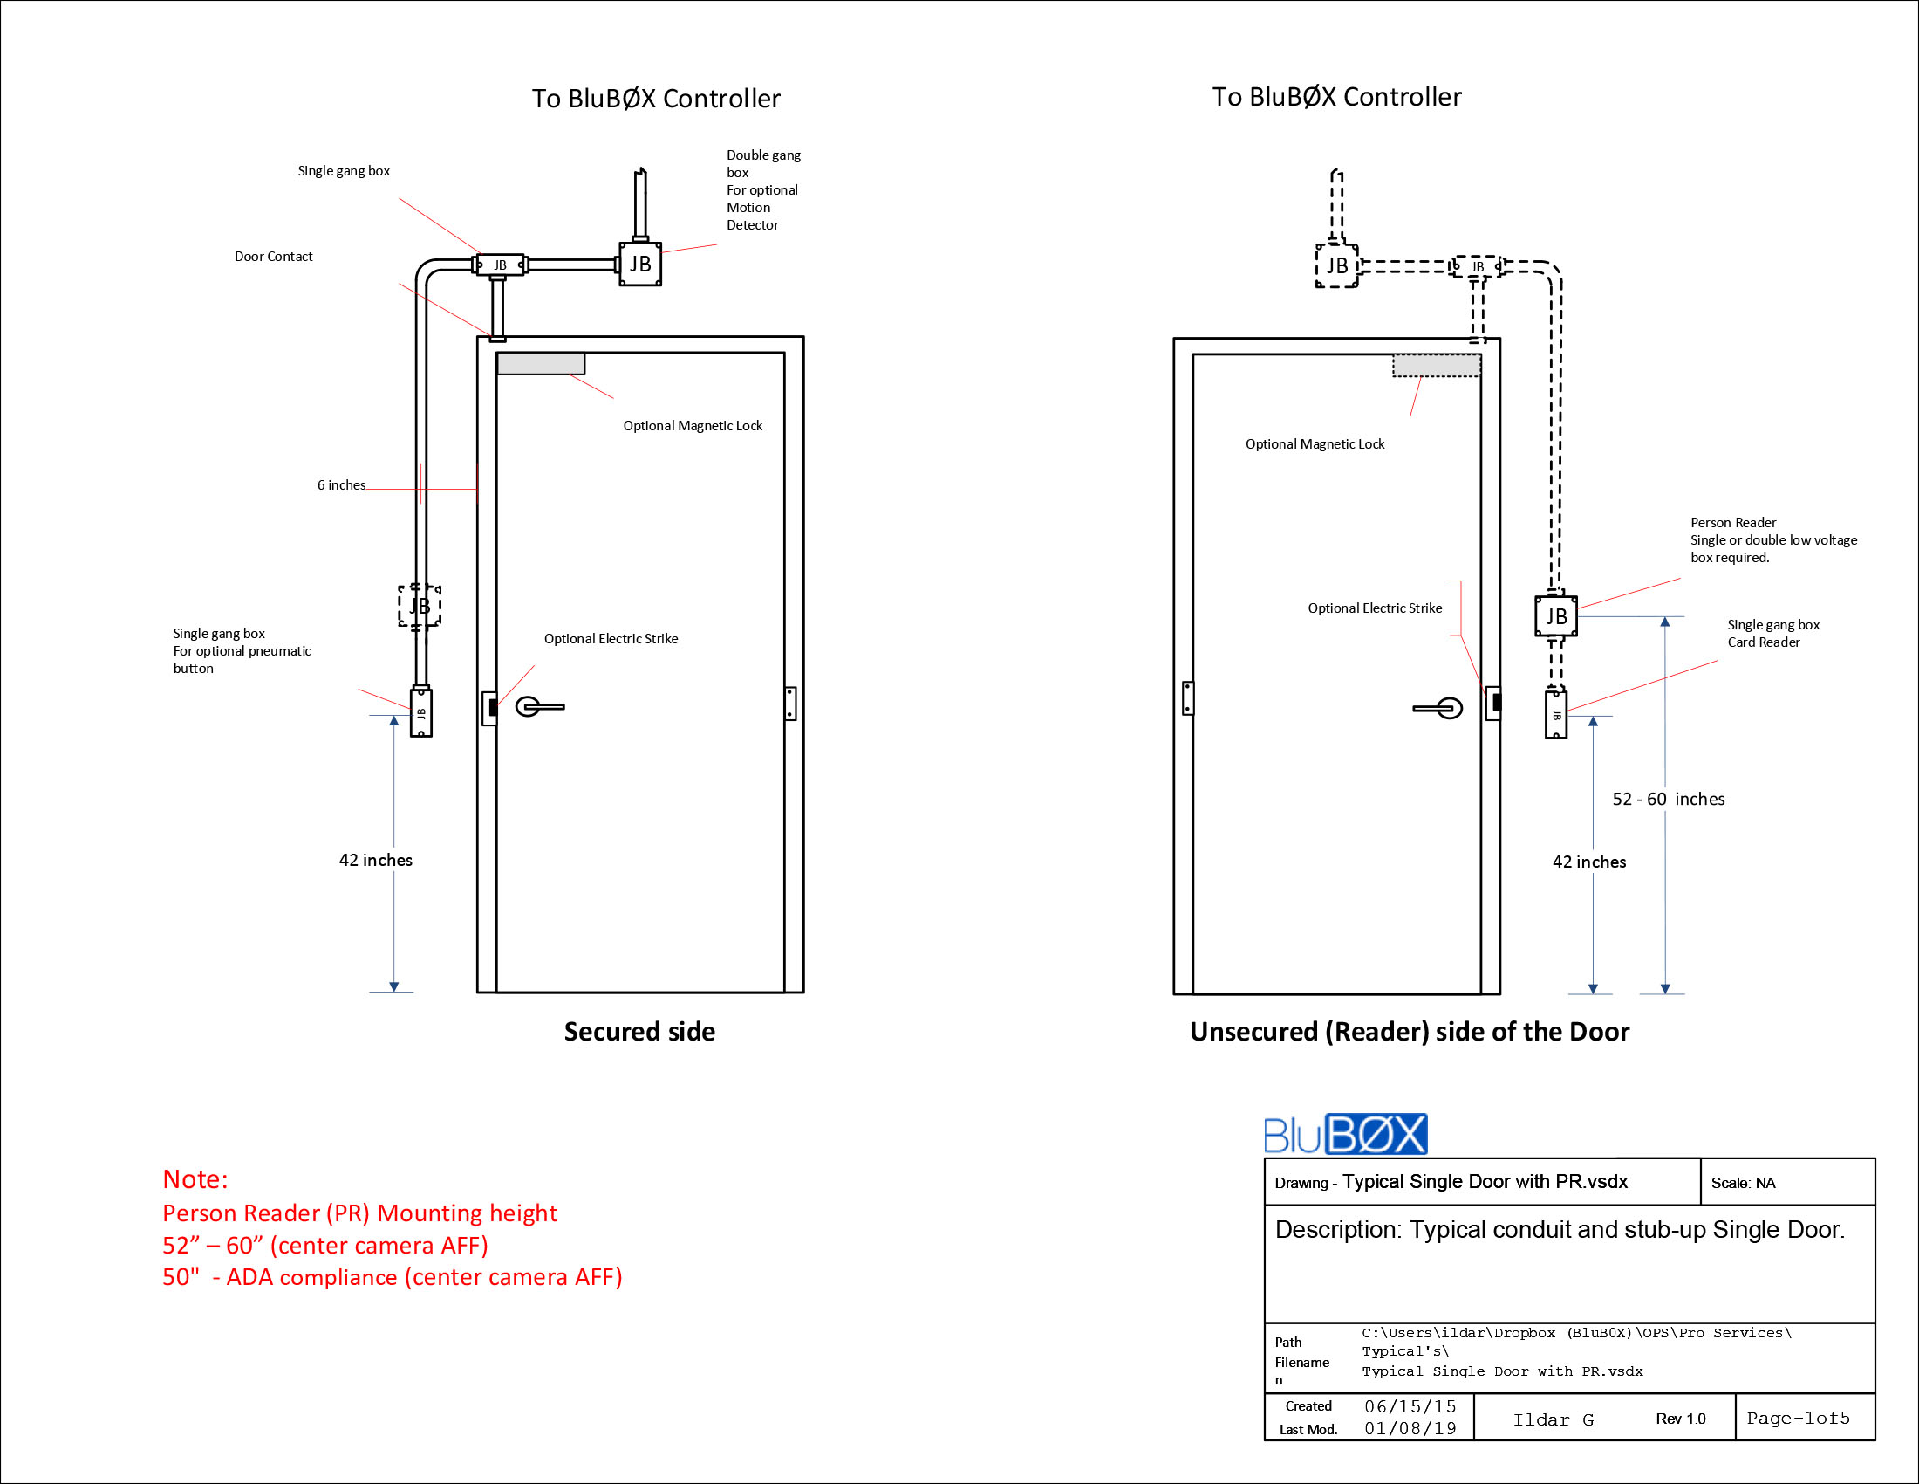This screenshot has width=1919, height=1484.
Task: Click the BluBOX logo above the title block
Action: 1344,1134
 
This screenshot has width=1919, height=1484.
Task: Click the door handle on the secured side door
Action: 538,706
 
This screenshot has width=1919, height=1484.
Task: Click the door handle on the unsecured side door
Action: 1439,708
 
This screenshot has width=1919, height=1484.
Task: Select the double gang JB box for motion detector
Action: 639,264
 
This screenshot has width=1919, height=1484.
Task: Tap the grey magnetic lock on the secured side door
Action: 541,363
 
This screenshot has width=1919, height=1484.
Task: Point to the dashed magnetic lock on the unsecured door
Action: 1436,365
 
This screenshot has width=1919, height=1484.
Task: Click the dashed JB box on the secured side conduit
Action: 419,606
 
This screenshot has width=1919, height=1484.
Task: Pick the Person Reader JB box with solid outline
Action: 1555,616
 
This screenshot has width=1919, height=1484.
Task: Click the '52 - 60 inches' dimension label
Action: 1668,799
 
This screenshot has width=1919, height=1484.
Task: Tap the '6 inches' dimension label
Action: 341,485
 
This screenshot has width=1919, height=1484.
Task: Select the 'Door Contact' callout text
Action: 273,257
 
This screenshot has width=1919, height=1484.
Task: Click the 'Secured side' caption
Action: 639,1031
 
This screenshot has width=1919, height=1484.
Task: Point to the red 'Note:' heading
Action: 195,1179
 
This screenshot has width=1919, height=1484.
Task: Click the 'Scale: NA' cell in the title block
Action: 1743,1184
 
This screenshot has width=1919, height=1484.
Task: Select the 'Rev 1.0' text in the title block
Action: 1680,1419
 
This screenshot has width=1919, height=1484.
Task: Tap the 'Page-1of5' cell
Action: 1798,1418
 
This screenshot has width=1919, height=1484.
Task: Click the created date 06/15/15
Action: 1410,1406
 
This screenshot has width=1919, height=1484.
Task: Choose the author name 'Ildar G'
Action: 1553,1419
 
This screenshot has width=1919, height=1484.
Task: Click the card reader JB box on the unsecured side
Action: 1555,715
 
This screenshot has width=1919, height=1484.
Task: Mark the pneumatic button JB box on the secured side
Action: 421,713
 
